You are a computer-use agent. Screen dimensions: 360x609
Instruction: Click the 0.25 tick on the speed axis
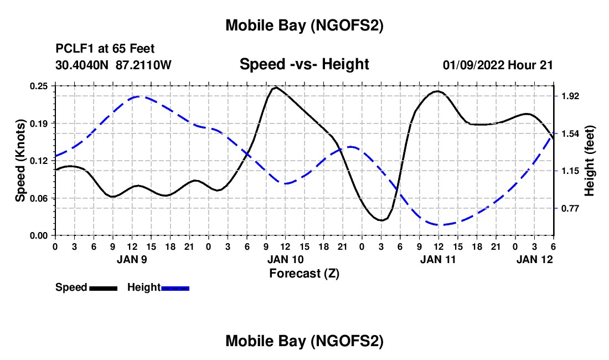(39, 86)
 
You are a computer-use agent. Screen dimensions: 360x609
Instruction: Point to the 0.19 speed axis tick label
(39, 123)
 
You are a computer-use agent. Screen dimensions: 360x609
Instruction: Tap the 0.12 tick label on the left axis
(39, 161)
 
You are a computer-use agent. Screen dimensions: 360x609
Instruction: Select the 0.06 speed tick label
(39, 198)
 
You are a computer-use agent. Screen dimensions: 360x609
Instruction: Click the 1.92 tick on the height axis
(570, 96)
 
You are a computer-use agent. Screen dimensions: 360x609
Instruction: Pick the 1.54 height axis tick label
(570, 133)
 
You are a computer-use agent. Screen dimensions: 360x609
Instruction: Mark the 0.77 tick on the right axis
(570, 209)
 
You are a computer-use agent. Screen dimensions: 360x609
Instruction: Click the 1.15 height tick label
(570, 171)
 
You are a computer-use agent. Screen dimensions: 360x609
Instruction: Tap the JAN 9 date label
(132, 259)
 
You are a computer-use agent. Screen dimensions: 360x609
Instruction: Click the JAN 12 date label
(534, 259)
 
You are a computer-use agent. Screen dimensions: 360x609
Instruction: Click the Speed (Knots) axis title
(20, 161)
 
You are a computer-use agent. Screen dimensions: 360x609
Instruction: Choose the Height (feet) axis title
(590, 161)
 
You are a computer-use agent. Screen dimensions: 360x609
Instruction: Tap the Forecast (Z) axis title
(304, 273)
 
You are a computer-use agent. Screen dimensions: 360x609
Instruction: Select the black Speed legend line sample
(102, 288)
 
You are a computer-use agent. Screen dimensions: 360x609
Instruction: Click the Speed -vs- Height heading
(304, 64)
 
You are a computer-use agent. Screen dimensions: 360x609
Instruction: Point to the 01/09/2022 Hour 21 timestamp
(498, 65)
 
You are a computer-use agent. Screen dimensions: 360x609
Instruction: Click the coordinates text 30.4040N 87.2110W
(113, 65)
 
